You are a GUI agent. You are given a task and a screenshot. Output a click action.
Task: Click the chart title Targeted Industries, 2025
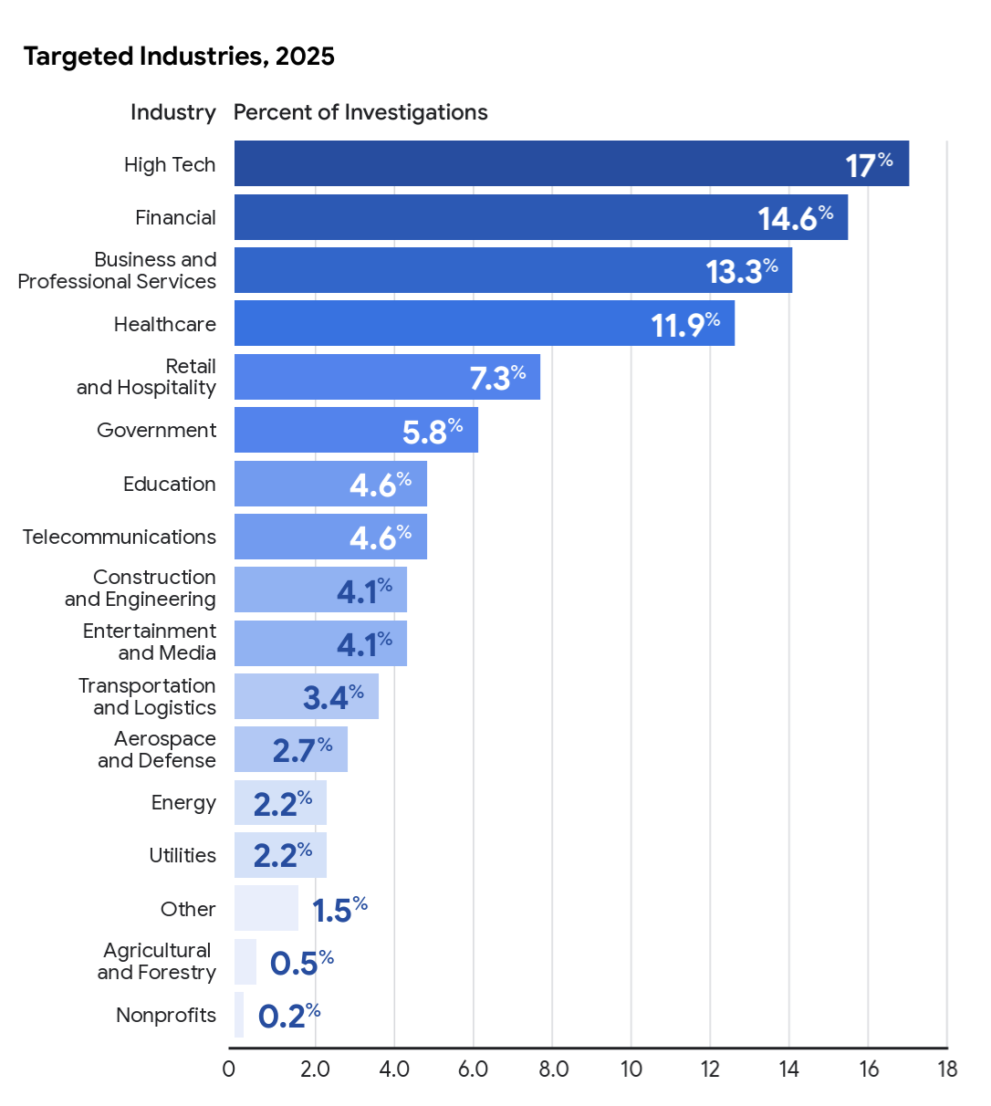[x=179, y=57]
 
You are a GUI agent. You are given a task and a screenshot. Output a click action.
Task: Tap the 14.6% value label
[x=795, y=218]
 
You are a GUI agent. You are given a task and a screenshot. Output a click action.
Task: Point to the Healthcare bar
[x=484, y=323]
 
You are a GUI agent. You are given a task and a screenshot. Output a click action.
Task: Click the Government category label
[x=157, y=430]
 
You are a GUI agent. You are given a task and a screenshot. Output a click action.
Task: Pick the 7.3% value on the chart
[x=497, y=377]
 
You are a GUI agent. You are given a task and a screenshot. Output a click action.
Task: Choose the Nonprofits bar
[x=239, y=1015]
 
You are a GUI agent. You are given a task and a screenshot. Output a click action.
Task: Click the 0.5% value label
[x=301, y=963]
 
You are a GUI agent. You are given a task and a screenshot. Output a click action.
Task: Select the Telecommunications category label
[x=120, y=537]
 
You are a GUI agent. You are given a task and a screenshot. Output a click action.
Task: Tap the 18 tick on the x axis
[x=947, y=1069]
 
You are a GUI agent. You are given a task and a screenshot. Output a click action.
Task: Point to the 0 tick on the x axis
[x=229, y=1069]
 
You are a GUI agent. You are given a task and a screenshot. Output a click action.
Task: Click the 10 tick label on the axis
[x=631, y=1069]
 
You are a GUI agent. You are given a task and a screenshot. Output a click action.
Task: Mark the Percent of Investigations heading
[x=360, y=112]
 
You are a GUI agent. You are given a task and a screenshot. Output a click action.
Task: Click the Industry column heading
[x=173, y=112]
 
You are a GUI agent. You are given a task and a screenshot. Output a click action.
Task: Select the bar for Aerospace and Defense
[x=290, y=749]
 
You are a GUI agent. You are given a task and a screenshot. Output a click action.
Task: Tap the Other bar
[x=266, y=908]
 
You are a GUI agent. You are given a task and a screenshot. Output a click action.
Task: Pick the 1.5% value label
[x=339, y=910]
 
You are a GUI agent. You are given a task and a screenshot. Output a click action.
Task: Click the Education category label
[x=170, y=484]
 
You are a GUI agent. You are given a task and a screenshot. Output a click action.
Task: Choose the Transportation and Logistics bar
[x=306, y=696]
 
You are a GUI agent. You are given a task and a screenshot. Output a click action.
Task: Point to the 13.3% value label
[x=741, y=271]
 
